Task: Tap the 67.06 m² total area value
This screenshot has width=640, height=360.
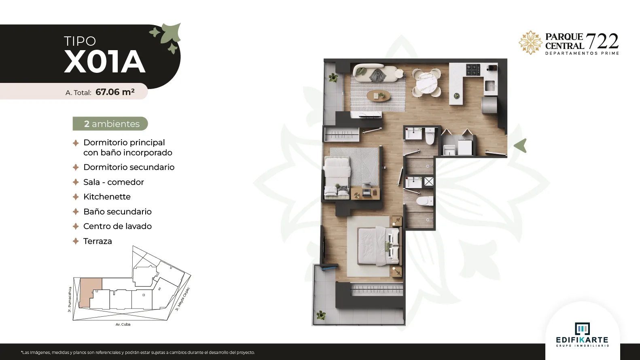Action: point(115,92)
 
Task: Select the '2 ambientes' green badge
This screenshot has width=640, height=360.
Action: point(110,124)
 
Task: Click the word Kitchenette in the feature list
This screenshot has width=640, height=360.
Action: point(107,197)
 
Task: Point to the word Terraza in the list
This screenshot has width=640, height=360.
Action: point(97,241)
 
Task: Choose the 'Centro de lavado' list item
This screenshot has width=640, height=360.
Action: point(117,226)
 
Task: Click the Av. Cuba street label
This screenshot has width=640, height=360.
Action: point(123,324)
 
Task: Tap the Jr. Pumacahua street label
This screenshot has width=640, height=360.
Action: point(70,299)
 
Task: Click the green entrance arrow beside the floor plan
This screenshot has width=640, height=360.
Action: point(521,146)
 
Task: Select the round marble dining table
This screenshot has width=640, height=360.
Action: point(426,82)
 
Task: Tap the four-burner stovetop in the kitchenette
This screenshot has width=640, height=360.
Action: point(473,70)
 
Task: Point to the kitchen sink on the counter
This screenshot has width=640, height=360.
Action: point(490,85)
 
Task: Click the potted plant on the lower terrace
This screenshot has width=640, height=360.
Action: point(320,316)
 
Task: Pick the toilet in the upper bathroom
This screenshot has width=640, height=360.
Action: point(430,136)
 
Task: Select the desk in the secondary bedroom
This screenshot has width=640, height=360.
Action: point(365,193)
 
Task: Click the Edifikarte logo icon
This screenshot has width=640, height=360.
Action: point(582,329)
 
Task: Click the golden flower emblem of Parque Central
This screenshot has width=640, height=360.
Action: point(531,42)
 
